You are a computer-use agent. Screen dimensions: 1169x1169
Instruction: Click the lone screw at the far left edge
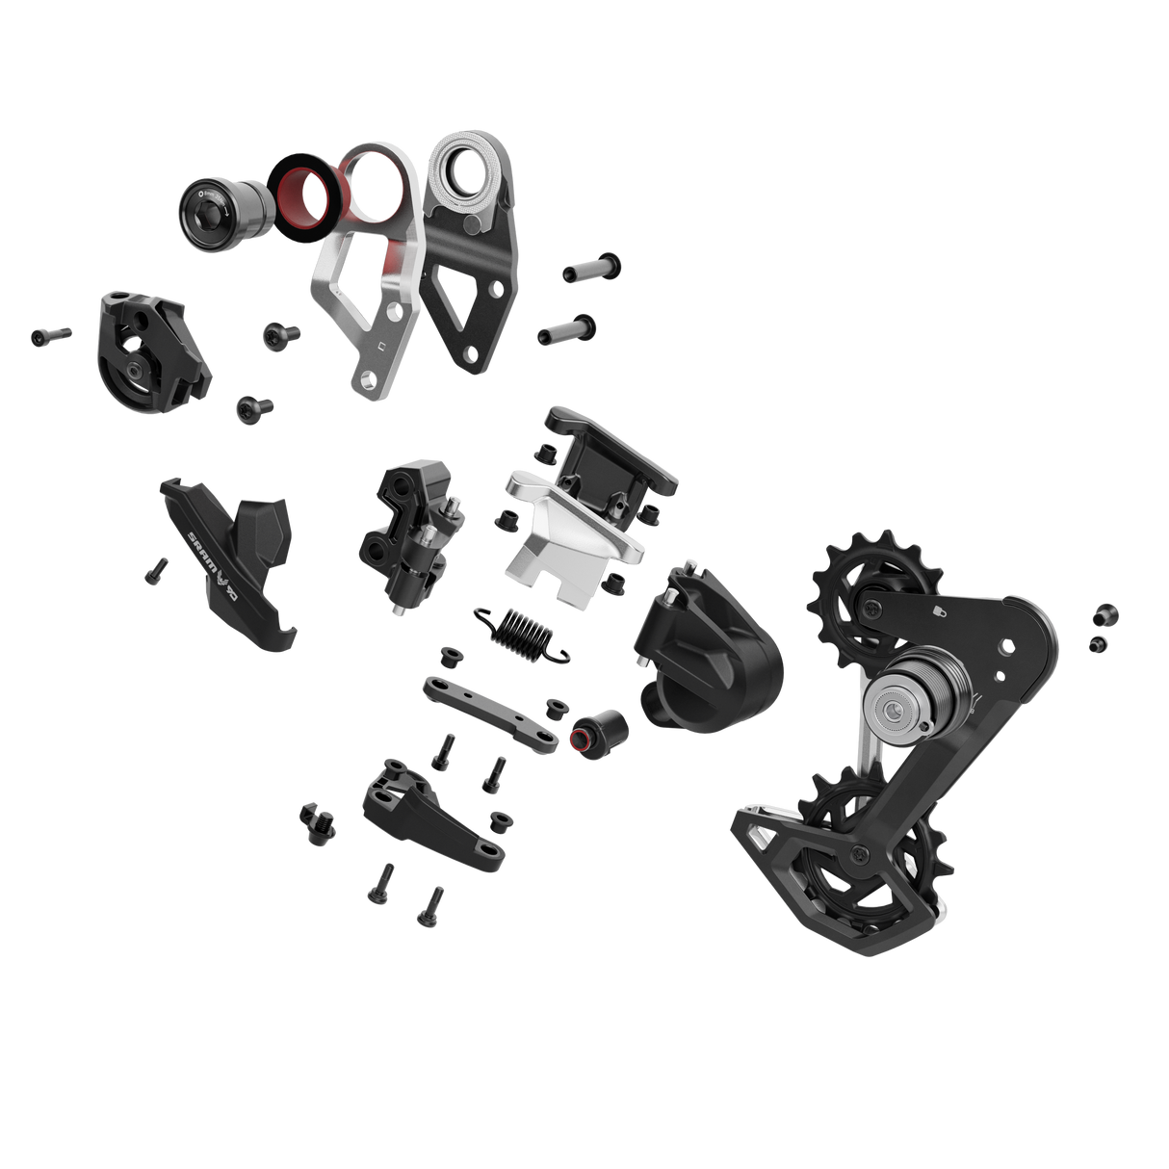point(50,334)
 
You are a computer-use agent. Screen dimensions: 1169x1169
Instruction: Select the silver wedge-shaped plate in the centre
point(568,534)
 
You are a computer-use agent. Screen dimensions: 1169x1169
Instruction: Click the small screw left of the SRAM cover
point(155,570)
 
